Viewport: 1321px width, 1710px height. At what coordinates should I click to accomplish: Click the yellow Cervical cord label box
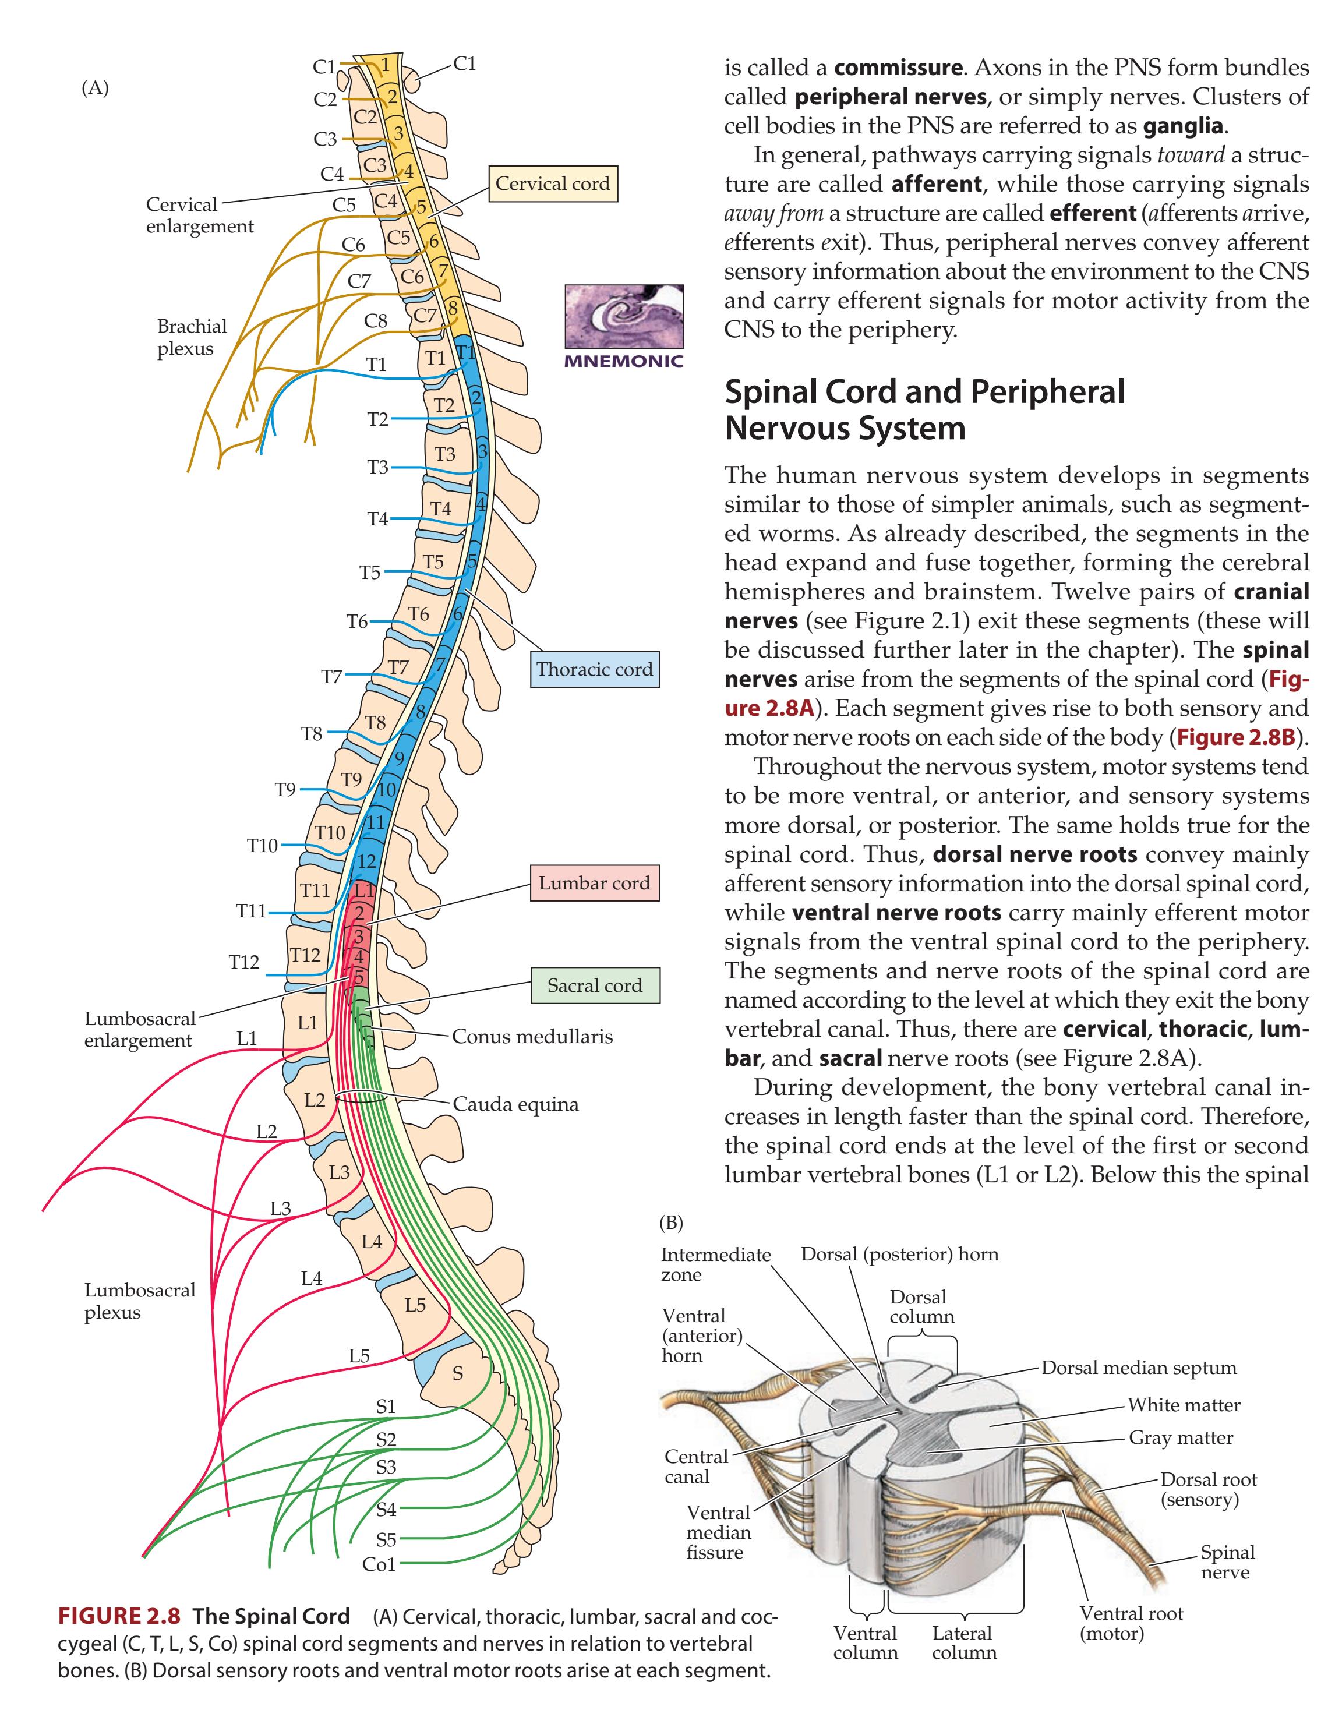tap(552, 184)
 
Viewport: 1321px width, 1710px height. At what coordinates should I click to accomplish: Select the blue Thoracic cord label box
tap(594, 669)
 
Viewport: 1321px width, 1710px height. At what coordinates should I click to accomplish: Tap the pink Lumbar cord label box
tap(594, 883)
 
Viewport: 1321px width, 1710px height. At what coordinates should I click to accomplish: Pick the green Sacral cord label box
tap(594, 986)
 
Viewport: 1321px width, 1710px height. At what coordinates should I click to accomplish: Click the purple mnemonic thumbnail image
tap(624, 317)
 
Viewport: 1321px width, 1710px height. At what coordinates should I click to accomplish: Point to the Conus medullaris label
tap(532, 1037)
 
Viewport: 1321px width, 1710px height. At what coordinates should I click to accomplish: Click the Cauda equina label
tap(516, 1105)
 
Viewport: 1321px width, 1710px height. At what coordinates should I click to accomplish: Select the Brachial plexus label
tap(191, 337)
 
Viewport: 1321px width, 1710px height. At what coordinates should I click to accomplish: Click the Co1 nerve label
tap(380, 1565)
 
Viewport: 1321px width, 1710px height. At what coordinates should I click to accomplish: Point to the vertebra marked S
tap(457, 1373)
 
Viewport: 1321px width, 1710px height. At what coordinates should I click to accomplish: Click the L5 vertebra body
tap(415, 1305)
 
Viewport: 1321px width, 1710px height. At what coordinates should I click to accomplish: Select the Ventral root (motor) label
tap(1132, 1623)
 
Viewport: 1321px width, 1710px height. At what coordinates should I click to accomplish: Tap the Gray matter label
tap(1181, 1439)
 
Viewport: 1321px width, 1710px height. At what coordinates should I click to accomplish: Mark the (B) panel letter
tap(671, 1222)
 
